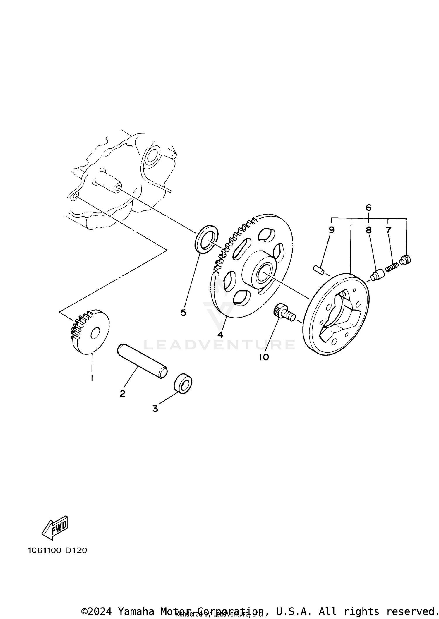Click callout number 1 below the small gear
pos(92,378)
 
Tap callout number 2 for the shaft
pos(122,394)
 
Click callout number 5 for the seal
pos(183,313)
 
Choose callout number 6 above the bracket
pos(368,208)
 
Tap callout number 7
pos(388,230)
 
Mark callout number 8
pos(368,230)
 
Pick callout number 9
pos(331,230)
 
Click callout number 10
pos(264,357)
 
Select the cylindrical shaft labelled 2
pos(142,362)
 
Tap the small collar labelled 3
pos(183,383)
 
